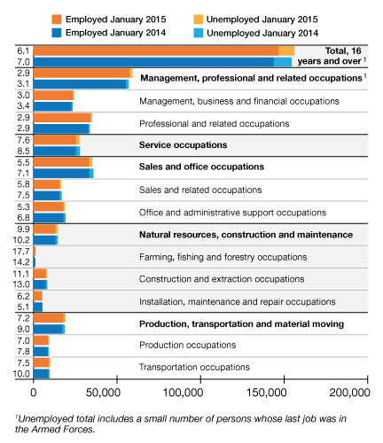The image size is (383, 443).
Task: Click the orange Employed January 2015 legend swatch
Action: (56, 19)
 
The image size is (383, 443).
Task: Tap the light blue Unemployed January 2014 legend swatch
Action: (199, 33)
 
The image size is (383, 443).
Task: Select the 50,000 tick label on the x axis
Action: (103, 392)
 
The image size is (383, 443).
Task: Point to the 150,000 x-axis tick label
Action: (267, 392)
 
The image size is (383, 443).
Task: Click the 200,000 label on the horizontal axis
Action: (349, 392)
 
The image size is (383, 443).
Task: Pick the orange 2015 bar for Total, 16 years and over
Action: (164, 51)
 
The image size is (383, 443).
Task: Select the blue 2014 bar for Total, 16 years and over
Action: (162, 62)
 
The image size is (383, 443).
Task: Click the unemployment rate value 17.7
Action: (21, 252)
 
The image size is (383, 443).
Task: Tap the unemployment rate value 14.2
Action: (21, 262)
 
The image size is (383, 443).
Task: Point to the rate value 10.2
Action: (21, 240)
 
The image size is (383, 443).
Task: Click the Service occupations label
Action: (184, 145)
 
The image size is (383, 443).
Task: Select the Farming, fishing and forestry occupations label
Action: (223, 257)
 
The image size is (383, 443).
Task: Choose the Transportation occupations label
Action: (194, 367)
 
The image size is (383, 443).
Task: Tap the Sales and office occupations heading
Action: (201, 167)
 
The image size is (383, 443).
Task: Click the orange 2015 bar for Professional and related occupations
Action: (63, 118)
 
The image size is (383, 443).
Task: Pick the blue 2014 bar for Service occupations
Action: (57, 152)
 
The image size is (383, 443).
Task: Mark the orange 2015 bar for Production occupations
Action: (41, 340)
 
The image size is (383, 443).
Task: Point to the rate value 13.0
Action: (21, 284)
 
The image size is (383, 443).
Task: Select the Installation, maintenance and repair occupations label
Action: (238, 301)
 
